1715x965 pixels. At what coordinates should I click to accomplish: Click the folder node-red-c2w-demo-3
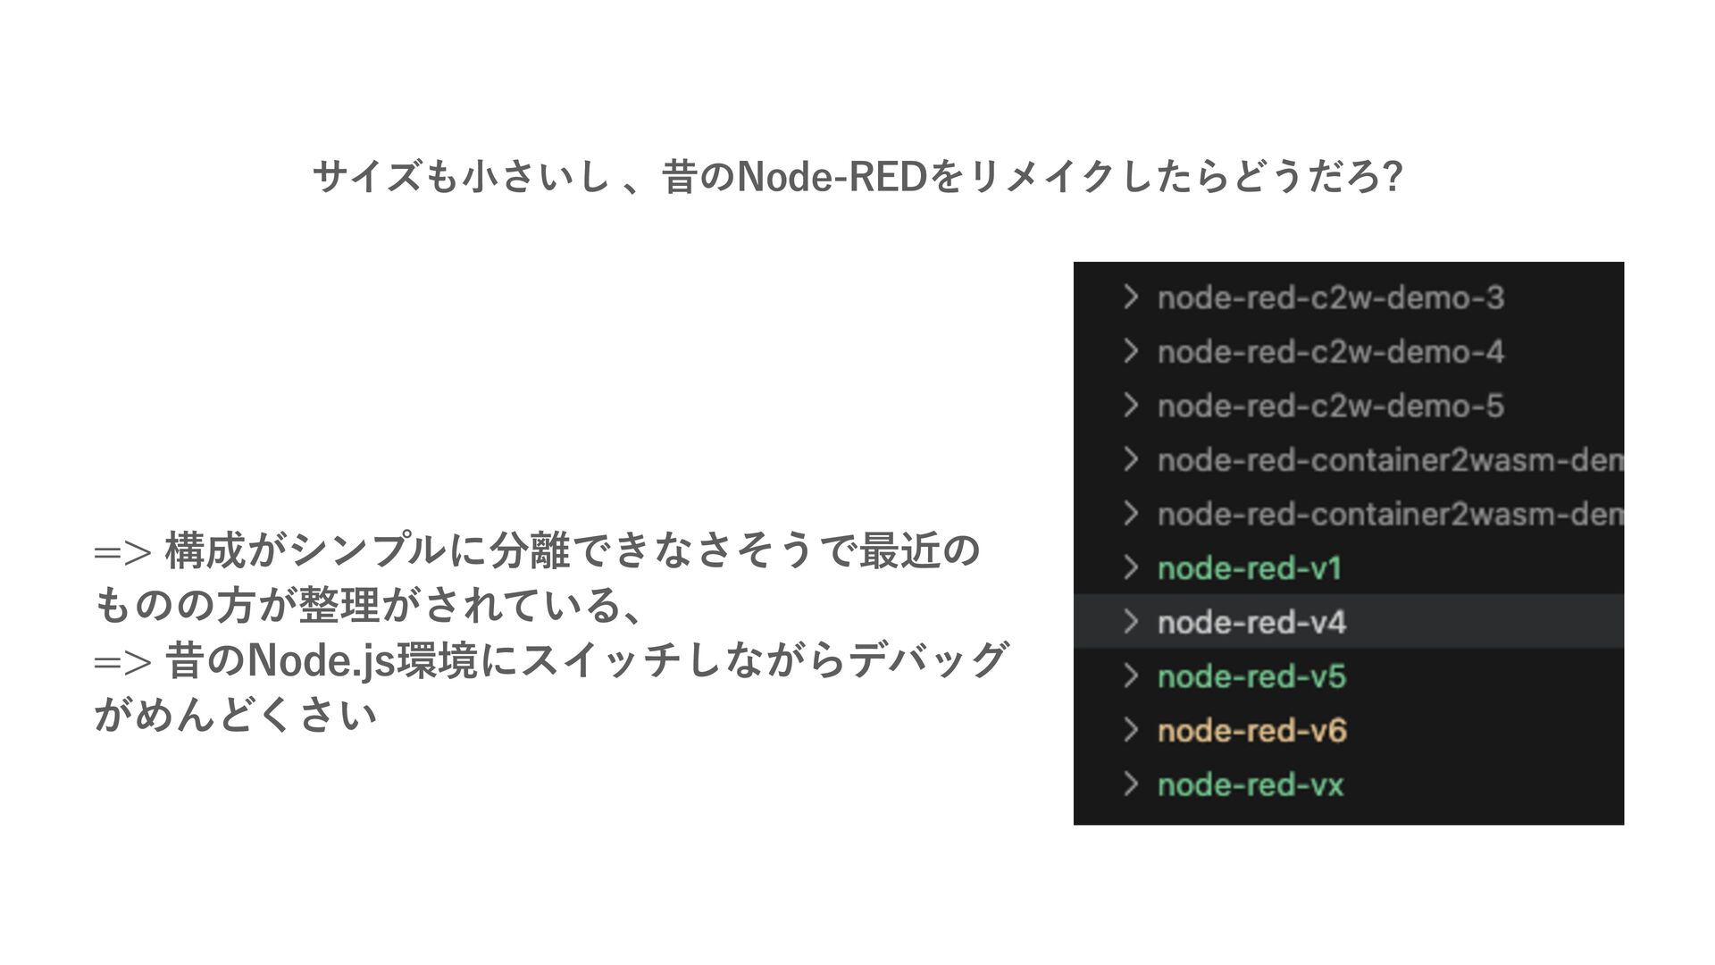[x=1330, y=298]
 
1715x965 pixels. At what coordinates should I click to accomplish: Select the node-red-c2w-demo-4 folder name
[x=1330, y=352]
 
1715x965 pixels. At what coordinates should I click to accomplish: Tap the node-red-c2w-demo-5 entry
[x=1330, y=407]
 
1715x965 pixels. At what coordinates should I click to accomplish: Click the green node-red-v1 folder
[x=1249, y=568]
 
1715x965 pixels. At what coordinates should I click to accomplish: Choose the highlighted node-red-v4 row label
[x=1251, y=623]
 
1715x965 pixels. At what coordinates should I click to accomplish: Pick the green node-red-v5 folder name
[x=1251, y=677]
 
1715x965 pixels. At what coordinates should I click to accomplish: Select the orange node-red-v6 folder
[x=1251, y=731]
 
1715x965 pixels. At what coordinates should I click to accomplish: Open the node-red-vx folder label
[x=1250, y=785]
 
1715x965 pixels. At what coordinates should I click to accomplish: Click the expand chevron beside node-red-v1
[x=1131, y=568]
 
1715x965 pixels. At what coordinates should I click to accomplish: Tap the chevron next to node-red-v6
[x=1131, y=731]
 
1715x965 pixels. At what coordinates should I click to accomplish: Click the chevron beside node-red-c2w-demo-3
[x=1131, y=297]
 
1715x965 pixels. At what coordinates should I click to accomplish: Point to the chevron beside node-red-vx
[x=1131, y=785]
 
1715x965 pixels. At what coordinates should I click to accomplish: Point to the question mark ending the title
[x=1392, y=177]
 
